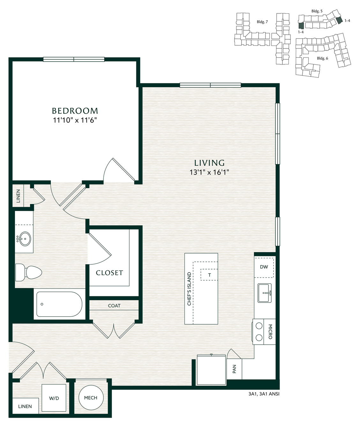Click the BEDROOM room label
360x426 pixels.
pos(75,111)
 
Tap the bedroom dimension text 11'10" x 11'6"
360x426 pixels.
pos(75,120)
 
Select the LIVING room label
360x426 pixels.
pos(209,163)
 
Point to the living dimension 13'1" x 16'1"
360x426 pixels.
pos(209,173)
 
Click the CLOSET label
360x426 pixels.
pos(109,273)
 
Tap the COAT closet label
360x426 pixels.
pos(114,305)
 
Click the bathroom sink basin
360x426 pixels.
pos(24,238)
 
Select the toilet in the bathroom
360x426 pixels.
pos(29,272)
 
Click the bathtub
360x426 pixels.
pos(59,304)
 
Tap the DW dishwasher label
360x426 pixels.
pos(264,267)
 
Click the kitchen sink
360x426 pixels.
pos(265,293)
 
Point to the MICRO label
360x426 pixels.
pos(270,332)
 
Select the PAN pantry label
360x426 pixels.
pos(234,369)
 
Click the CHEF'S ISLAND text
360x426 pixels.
pos(189,289)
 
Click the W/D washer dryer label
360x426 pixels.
pos(54,398)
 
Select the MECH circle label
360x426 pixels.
pos(91,398)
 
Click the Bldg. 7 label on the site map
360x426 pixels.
pos(262,22)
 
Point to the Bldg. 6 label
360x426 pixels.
pos(322,58)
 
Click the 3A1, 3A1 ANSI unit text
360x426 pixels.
pos(264,394)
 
